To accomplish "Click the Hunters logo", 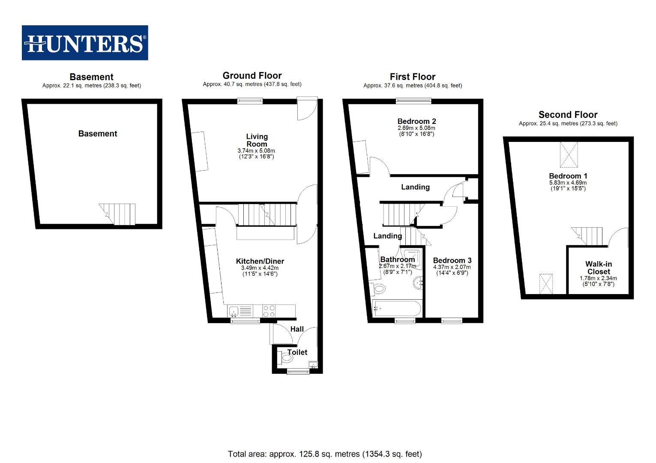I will point(85,43).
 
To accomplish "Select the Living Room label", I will point(257,140).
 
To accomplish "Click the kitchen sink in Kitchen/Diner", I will point(234,311).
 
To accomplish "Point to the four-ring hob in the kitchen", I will point(269,311).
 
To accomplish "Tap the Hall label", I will point(297,329).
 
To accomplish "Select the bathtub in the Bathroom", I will point(397,308).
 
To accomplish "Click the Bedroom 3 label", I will point(452,261).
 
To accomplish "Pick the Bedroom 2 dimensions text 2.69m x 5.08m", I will point(416,128).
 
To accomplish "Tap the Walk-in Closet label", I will point(599,268).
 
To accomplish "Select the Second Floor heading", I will point(568,115).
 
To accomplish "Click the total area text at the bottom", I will point(325,454).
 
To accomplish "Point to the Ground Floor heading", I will point(252,75).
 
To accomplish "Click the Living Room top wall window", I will point(250,101).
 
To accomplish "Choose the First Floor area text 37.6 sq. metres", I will point(412,86).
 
